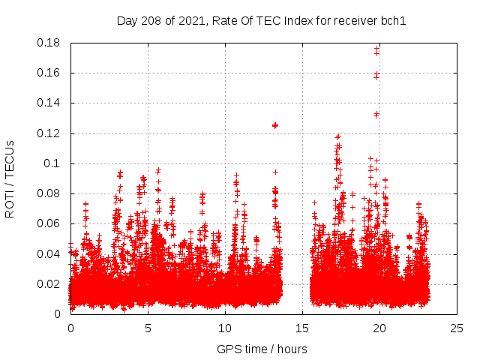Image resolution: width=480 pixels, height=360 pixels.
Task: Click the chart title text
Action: (x=261, y=20)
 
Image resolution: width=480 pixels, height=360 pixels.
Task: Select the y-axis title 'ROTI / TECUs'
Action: (x=10, y=178)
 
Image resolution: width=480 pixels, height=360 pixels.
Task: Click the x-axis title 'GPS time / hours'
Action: (x=262, y=349)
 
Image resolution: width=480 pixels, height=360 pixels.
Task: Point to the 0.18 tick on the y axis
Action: (x=49, y=43)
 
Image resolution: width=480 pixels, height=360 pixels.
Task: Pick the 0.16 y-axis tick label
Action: (x=49, y=73)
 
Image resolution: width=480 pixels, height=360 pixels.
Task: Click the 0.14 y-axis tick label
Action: (x=49, y=103)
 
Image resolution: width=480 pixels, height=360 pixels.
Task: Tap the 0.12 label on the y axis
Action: (x=49, y=133)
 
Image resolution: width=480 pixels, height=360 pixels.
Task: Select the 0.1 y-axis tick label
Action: (x=52, y=163)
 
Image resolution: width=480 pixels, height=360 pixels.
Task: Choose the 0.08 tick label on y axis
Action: (x=49, y=193)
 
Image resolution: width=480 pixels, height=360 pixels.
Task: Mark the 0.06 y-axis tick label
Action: (x=49, y=223)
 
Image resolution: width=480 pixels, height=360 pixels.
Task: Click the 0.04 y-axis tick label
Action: (x=49, y=253)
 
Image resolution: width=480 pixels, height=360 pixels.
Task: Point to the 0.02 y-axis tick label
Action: (x=49, y=283)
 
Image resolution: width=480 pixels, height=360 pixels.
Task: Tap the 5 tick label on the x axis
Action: (x=148, y=328)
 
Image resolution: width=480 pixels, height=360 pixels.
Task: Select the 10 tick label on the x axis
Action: (x=225, y=328)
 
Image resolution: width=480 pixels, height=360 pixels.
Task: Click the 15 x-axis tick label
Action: (x=302, y=328)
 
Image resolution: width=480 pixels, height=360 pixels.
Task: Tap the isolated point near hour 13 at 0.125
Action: (x=275, y=125)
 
